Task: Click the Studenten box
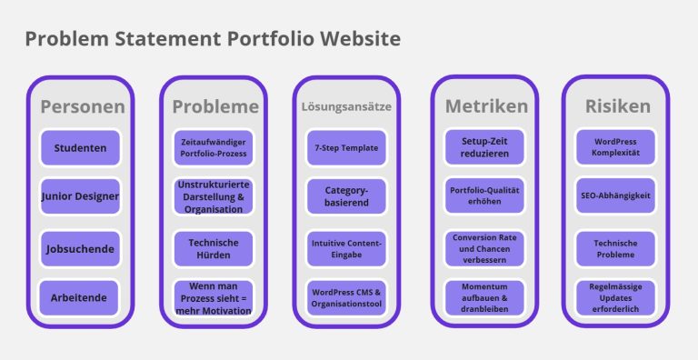[80, 148]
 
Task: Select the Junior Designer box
[80, 196]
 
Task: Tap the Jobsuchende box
[80, 249]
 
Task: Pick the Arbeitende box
[79, 297]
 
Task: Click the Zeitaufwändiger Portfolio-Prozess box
[214, 148]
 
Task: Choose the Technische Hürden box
[214, 249]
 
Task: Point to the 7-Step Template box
[346, 148]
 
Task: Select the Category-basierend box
[346, 196]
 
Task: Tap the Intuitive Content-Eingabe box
[346, 249]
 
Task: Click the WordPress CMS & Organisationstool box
[346, 297]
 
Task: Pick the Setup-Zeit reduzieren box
[484, 147]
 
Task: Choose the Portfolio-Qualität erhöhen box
[484, 195]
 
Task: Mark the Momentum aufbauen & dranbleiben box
[484, 297]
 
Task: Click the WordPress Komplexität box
[615, 147]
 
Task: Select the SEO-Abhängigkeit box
[615, 195]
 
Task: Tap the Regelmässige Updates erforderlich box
[615, 297]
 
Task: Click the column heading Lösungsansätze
[346, 107]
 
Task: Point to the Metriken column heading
[486, 106]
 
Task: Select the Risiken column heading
[618, 106]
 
